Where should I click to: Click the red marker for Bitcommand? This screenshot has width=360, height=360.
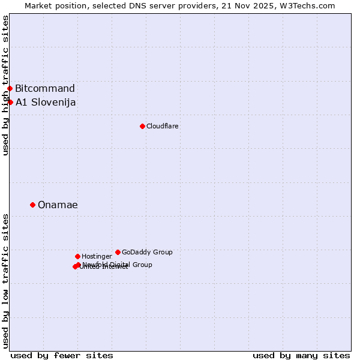[10, 89]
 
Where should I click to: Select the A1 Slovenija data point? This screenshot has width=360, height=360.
[10, 102]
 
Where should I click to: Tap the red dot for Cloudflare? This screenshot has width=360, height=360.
[142, 126]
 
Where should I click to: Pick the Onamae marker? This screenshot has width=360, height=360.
[32, 205]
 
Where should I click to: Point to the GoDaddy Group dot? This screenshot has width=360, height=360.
[118, 252]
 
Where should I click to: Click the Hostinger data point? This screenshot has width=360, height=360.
[77, 256]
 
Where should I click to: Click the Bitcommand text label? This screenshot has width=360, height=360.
[45, 89]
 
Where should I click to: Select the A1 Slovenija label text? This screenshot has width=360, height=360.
[46, 102]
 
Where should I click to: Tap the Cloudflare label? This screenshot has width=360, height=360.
[163, 126]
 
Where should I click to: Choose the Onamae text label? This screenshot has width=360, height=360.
[58, 205]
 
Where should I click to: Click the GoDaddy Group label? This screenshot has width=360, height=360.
[147, 252]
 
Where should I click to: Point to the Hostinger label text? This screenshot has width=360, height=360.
[97, 256]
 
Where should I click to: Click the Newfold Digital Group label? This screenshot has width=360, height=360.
[118, 264]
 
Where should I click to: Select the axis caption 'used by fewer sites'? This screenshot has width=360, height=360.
[62, 355]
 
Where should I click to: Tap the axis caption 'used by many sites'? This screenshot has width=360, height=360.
[301, 355]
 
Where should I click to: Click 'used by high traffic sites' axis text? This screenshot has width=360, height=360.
[5, 85]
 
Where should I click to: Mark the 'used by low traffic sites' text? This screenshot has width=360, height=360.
[5, 281]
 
